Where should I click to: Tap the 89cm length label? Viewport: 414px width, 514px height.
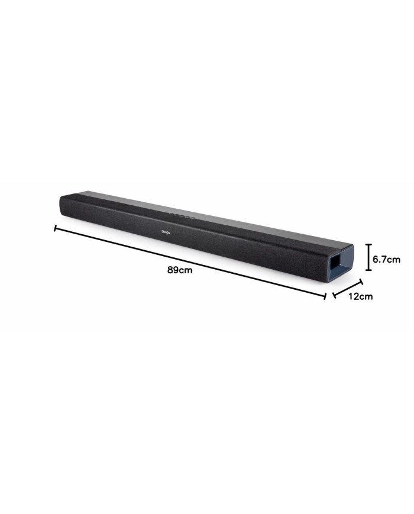tap(180, 270)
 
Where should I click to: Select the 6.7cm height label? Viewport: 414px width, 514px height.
tap(386, 258)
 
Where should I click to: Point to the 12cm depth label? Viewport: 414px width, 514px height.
tap(360, 296)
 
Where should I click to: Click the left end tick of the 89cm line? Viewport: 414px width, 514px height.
tap(55, 228)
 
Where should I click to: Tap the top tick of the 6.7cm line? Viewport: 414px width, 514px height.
tap(369, 245)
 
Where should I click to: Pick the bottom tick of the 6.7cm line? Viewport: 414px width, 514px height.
tap(369, 270)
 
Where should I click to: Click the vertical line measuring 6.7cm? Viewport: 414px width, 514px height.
tap(369, 257)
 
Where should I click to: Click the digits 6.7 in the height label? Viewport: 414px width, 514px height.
tap(380, 258)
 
